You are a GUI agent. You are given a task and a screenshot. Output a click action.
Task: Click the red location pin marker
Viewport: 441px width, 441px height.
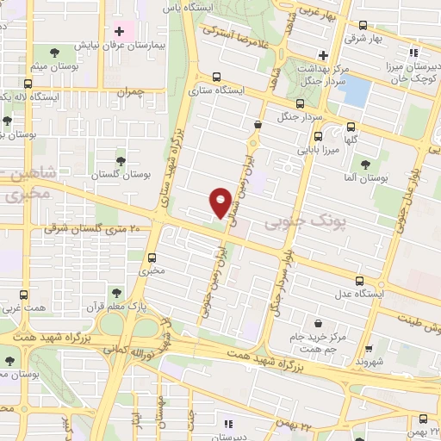(220, 202)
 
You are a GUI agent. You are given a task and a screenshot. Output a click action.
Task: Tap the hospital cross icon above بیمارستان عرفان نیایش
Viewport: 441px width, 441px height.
(119, 32)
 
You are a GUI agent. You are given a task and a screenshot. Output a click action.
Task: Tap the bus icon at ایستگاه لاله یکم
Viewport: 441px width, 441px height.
(28, 84)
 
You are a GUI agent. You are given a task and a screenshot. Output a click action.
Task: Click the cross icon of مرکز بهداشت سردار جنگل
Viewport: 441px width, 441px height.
(321, 54)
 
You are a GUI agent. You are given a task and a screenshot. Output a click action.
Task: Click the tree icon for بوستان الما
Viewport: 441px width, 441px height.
(366, 163)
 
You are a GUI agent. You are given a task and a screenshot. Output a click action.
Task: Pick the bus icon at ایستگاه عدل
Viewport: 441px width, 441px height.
(360, 280)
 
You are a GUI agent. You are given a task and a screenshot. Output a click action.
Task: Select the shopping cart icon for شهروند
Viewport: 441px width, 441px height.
(370, 349)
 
